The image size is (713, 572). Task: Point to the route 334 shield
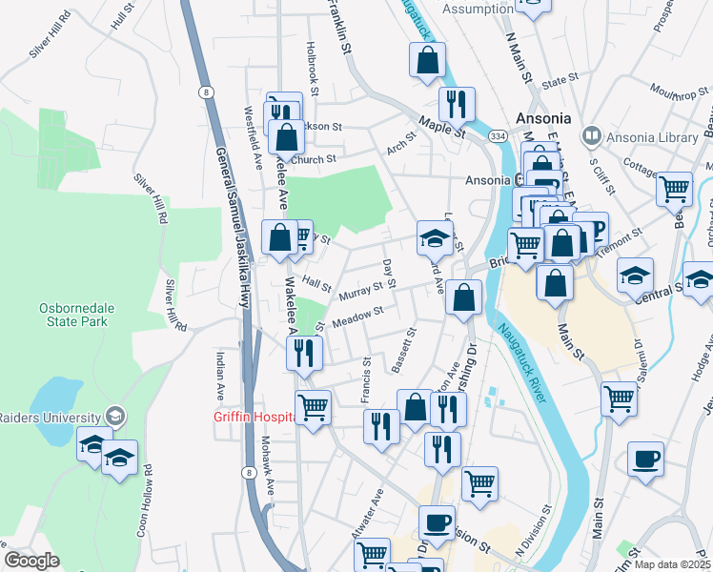coord(499,137)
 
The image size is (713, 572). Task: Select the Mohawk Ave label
coord(268,465)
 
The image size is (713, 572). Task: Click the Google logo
coord(31,561)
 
